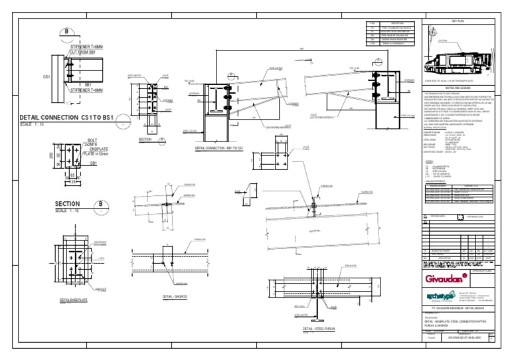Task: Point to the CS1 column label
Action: point(47,77)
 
